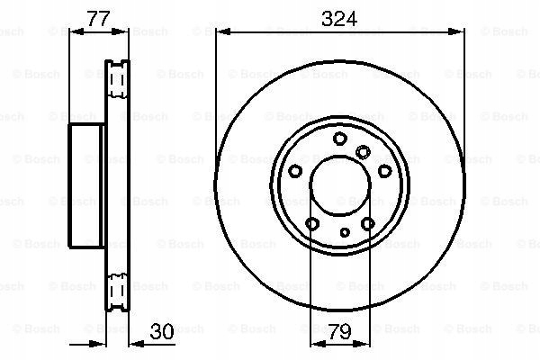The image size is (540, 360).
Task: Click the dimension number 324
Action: click(x=339, y=19)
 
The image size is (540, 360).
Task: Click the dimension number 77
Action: click(x=98, y=19)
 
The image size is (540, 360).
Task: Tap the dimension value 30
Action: click(x=162, y=331)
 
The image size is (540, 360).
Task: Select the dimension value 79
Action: click(x=339, y=331)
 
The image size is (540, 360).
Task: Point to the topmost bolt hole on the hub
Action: click(x=339, y=139)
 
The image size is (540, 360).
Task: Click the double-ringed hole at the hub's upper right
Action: click(x=363, y=152)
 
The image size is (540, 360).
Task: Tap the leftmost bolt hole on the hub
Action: click(x=295, y=171)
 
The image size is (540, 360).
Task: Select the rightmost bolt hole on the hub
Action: click(x=384, y=171)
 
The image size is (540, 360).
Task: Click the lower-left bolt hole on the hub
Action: click(x=312, y=224)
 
